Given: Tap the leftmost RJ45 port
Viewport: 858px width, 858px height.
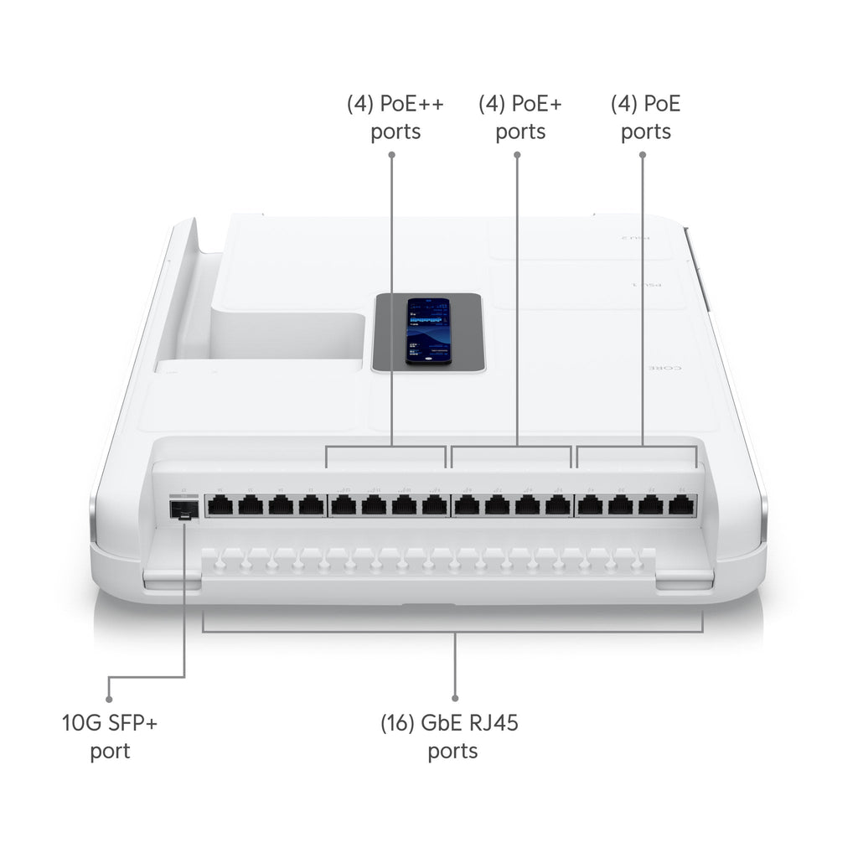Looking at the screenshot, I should point(220,505).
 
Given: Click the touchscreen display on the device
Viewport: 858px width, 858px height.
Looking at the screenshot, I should point(428,329).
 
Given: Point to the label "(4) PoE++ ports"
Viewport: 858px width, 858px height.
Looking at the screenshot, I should point(395,118).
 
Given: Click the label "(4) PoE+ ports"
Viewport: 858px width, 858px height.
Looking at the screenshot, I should point(520,118).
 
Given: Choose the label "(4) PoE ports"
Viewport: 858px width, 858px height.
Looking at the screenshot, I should point(645,118).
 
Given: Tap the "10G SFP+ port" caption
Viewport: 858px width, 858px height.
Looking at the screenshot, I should point(110,737).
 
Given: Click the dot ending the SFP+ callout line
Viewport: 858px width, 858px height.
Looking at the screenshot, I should point(109,697).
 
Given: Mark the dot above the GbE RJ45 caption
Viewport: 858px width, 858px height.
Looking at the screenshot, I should point(455,697).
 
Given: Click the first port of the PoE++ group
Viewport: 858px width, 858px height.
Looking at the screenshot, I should point(344,505).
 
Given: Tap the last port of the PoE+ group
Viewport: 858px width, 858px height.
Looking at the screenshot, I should point(557,505).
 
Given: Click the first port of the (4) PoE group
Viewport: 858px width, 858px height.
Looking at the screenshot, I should point(591,505).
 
